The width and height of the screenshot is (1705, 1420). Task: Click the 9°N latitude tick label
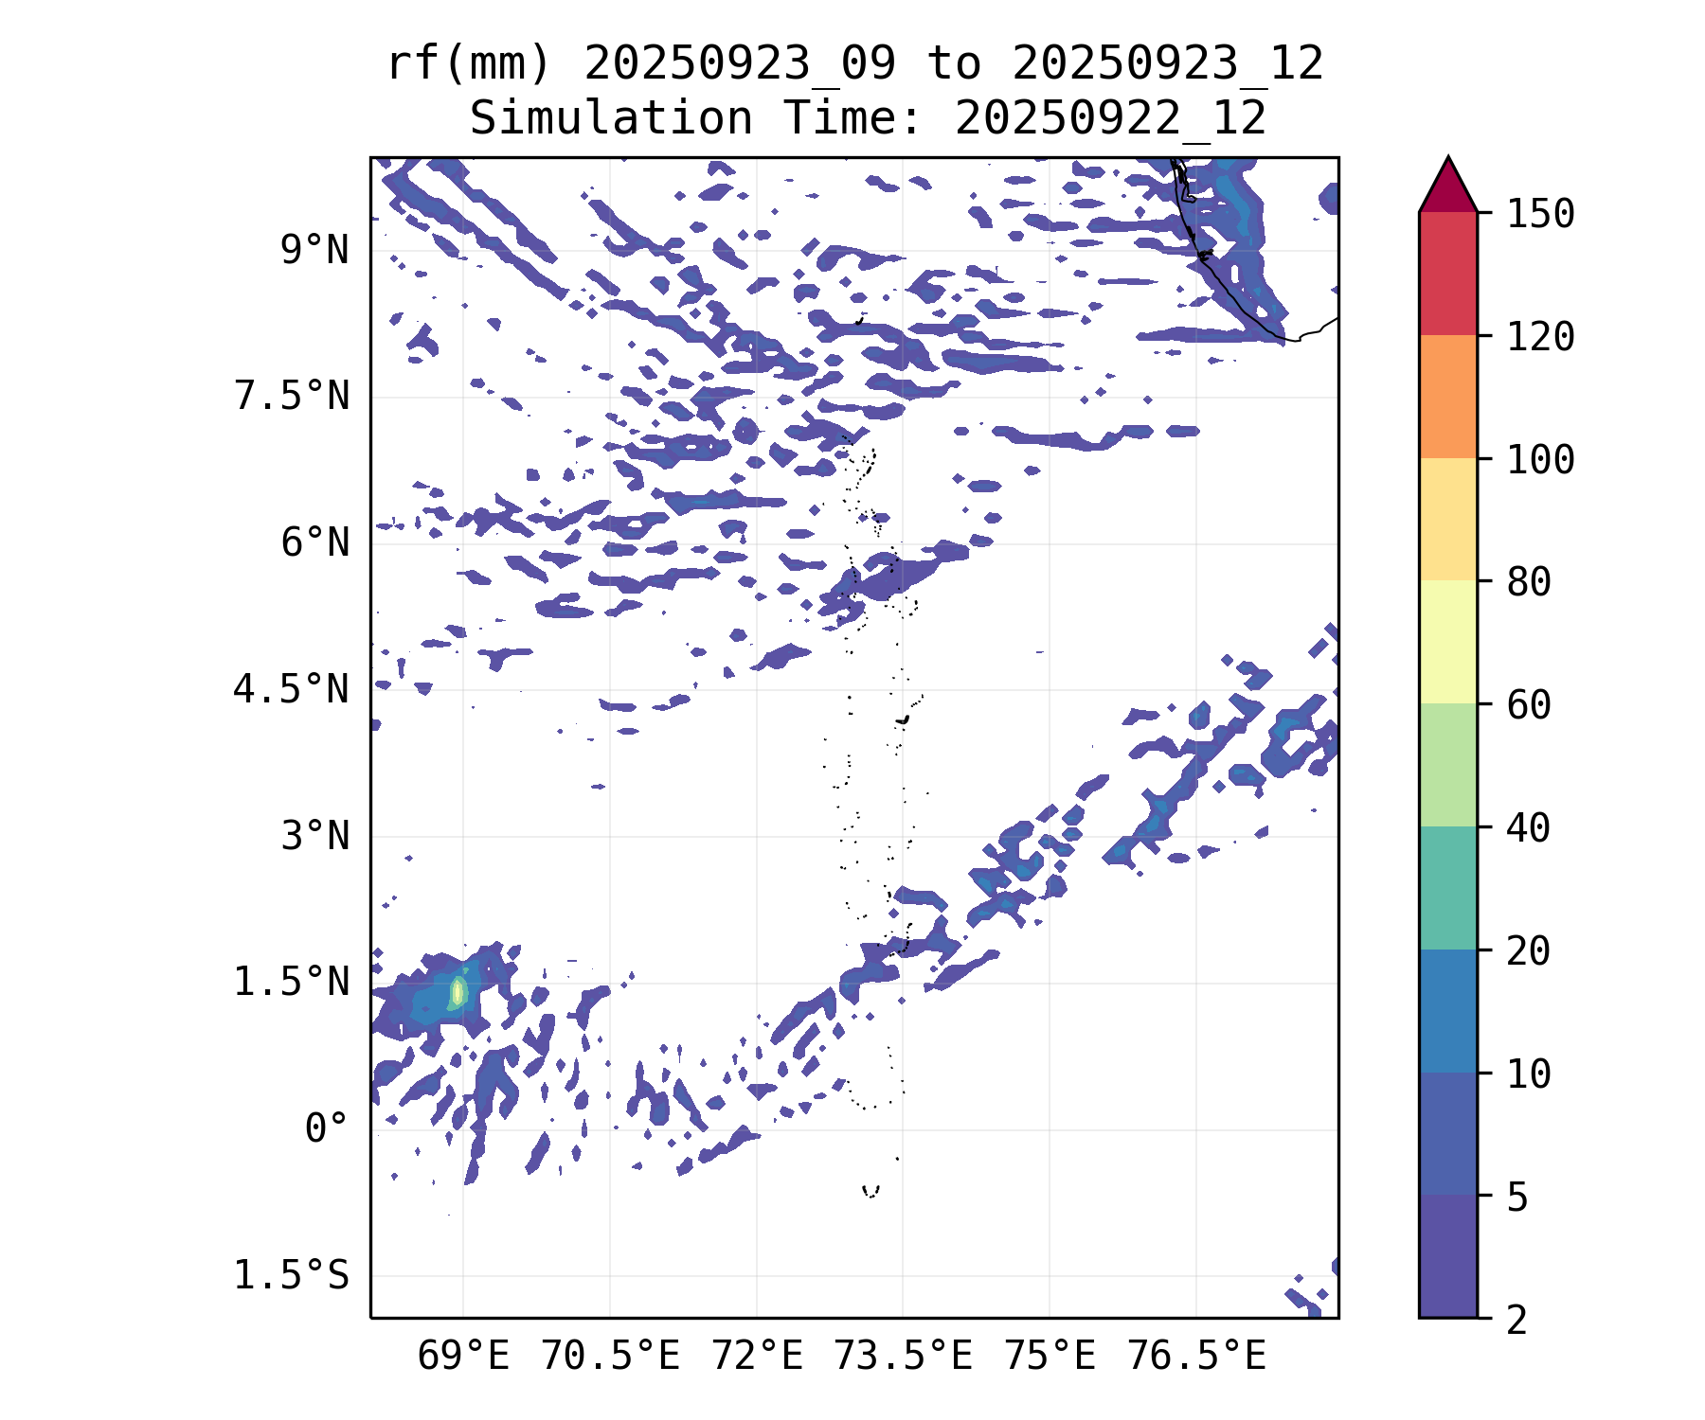pyautogui.click(x=314, y=251)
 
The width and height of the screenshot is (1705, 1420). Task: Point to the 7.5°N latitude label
pyautogui.click(x=291, y=397)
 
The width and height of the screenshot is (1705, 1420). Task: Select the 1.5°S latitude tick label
pyautogui.click(x=291, y=1276)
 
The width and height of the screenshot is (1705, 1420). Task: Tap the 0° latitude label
pyautogui.click(x=326, y=1129)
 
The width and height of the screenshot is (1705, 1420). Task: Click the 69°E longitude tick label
pyautogui.click(x=463, y=1357)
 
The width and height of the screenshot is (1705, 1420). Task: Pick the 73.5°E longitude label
pyautogui.click(x=903, y=1357)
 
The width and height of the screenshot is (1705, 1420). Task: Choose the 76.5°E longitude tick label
pyautogui.click(x=1195, y=1357)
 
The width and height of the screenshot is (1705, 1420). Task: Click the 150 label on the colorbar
pyautogui.click(x=1540, y=214)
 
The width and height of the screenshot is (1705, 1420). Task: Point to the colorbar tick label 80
pyautogui.click(x=1529, y=582)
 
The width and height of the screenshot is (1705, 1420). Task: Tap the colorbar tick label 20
pyautogui.click(x=1529, y=951)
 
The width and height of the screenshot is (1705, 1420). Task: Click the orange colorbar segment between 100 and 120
pyautogui.click(x=1447, y=396)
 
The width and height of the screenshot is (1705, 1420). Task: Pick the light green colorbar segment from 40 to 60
pyautogui.click(x=1447, y=765)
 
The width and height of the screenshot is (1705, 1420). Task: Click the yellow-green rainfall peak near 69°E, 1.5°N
pyautogui.click(x=458, y=991)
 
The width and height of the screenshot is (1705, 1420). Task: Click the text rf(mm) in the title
pyautogui.click(x=469, y=64)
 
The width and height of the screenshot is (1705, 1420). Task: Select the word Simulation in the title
pyautogui.click(x=611, y=119)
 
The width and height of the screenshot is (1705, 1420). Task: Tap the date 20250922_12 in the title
pyautogui.click(x=1110, y=119)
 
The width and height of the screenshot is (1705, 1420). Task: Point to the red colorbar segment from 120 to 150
pyautogui.click(x=1447, y=273)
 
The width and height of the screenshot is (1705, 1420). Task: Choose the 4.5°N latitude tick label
pyautogui.click(x=291, y=690)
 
